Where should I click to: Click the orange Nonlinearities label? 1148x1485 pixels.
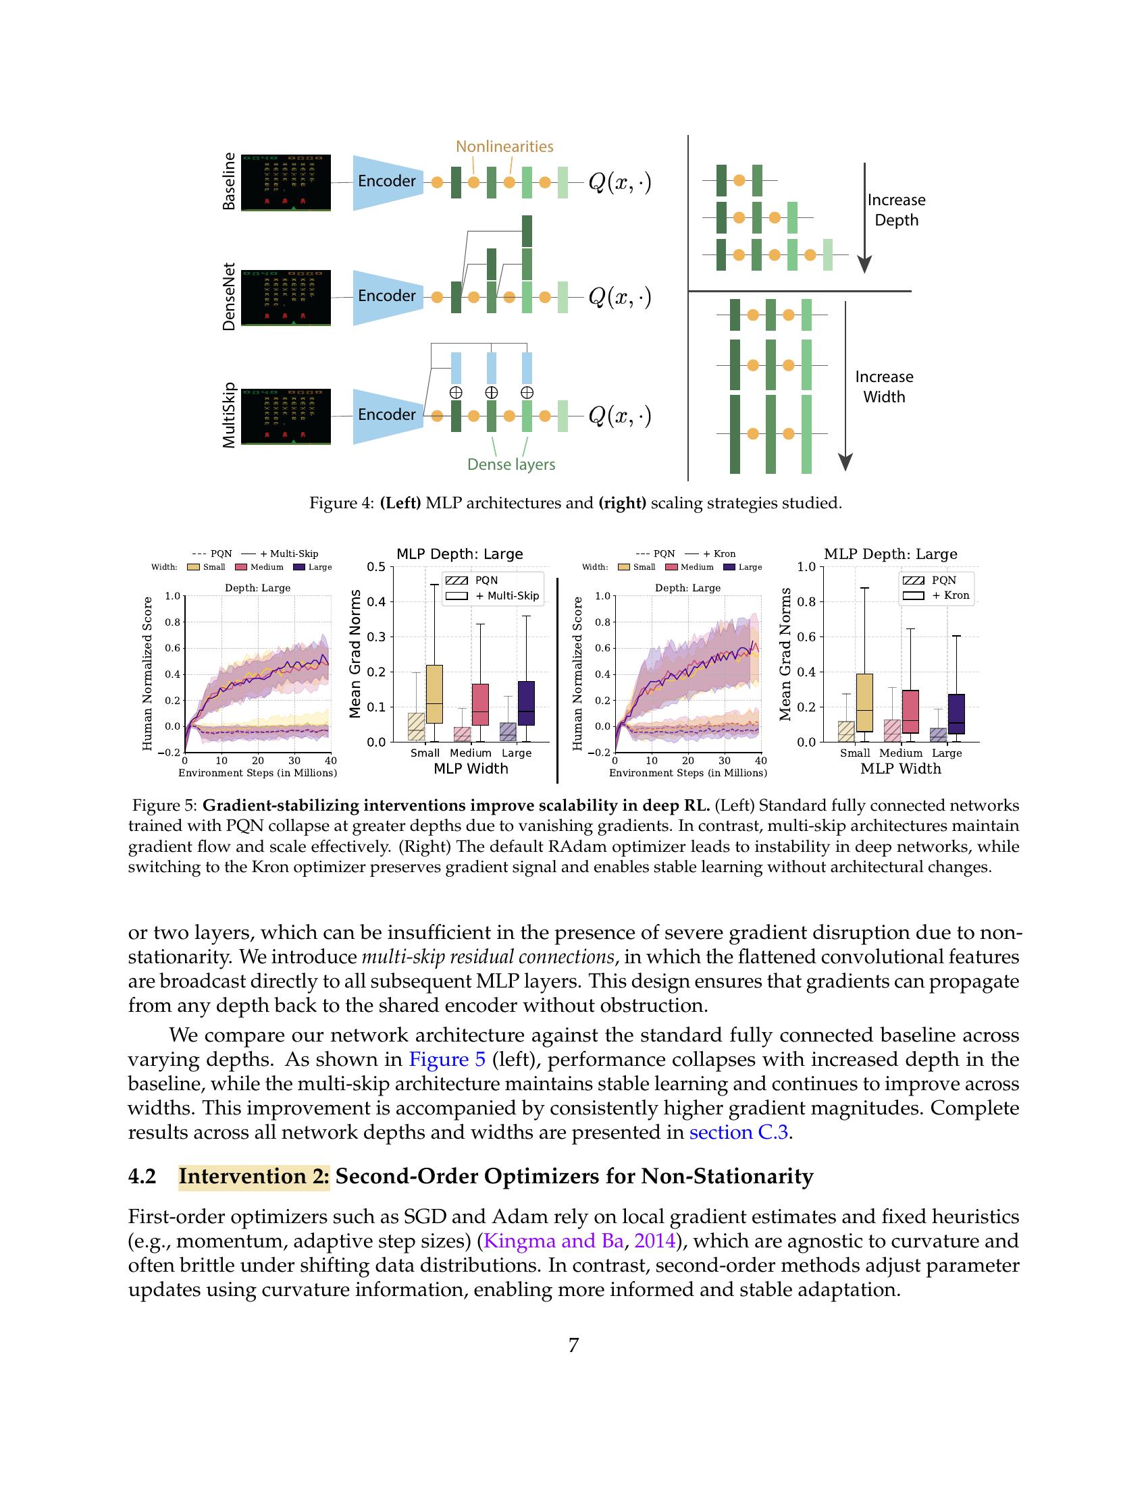[x=504, y=146]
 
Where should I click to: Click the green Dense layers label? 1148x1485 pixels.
[x=511, y=464]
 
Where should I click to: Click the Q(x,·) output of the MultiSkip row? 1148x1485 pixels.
[x=619, y=414]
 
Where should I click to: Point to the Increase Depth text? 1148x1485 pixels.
[x=895, y=209]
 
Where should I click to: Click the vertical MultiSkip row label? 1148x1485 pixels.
[x=229, y=414]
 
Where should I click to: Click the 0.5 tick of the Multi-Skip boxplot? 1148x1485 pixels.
[x=376, y=567]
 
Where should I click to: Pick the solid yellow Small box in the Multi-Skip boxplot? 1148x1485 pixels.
[x=434, y=693]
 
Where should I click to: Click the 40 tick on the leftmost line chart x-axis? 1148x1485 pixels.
[x=330, y=760]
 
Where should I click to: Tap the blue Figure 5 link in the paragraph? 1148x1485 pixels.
[x=446, y=1059]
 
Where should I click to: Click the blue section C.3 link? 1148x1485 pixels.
[x=738, y=1132]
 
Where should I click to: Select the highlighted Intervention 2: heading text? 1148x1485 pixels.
[x=254, y=1177]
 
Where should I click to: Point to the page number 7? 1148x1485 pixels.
[x=573, y=1344]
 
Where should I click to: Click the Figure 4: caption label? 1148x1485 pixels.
[x=342, y=503]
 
